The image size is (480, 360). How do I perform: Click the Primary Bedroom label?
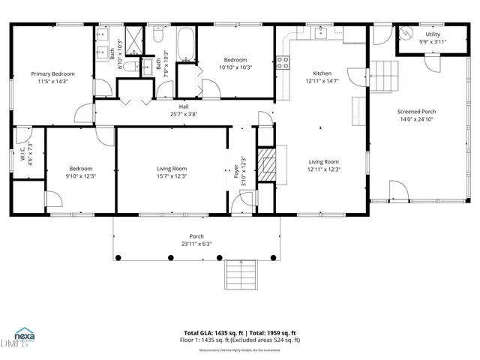coord(52,73)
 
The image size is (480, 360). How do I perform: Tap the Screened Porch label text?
coord(416,112)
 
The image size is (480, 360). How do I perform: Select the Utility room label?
coord(433,34)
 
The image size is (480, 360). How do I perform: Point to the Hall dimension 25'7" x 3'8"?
coord(183,114)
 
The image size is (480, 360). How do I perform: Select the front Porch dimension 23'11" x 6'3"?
coord(196,244)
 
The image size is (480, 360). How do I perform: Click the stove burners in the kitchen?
coord(283,63)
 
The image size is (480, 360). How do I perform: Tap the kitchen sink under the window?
coord(321,33)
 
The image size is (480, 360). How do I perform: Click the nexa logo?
coord(25,336)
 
